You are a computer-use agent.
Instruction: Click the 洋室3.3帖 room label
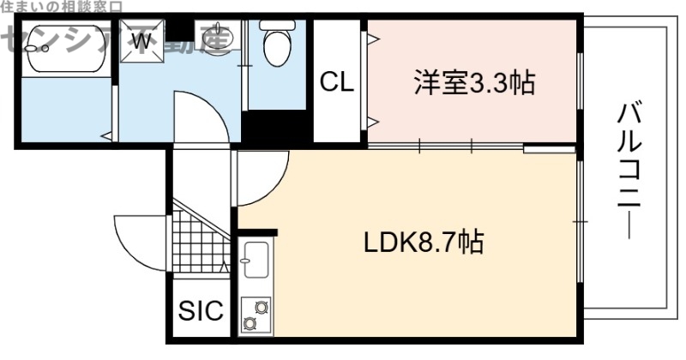point(473,83)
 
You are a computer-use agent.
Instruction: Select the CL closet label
point(337,82)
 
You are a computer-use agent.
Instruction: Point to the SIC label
point(200,310)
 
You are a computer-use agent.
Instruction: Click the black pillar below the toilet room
point(276,129)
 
